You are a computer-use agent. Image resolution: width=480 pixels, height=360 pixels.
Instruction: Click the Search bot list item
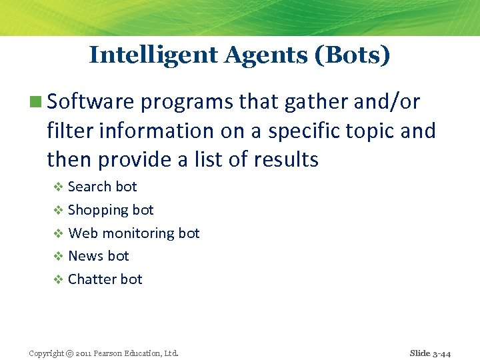tap(102, 187)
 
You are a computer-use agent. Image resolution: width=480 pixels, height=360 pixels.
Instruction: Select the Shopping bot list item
tap(111, 210)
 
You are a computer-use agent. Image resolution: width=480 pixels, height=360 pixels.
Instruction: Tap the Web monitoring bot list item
tap(134, 233)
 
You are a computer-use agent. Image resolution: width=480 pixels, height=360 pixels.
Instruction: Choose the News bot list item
tap(99, 256)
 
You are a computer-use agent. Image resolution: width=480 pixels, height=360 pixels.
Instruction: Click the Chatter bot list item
tap(105, 279)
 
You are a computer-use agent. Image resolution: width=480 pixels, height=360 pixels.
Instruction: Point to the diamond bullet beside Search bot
tap(58, 187)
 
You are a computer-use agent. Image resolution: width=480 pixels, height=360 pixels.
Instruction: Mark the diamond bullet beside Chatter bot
tap(58, 280)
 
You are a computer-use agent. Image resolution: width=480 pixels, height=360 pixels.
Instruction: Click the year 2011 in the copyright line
tap(88, 353)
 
